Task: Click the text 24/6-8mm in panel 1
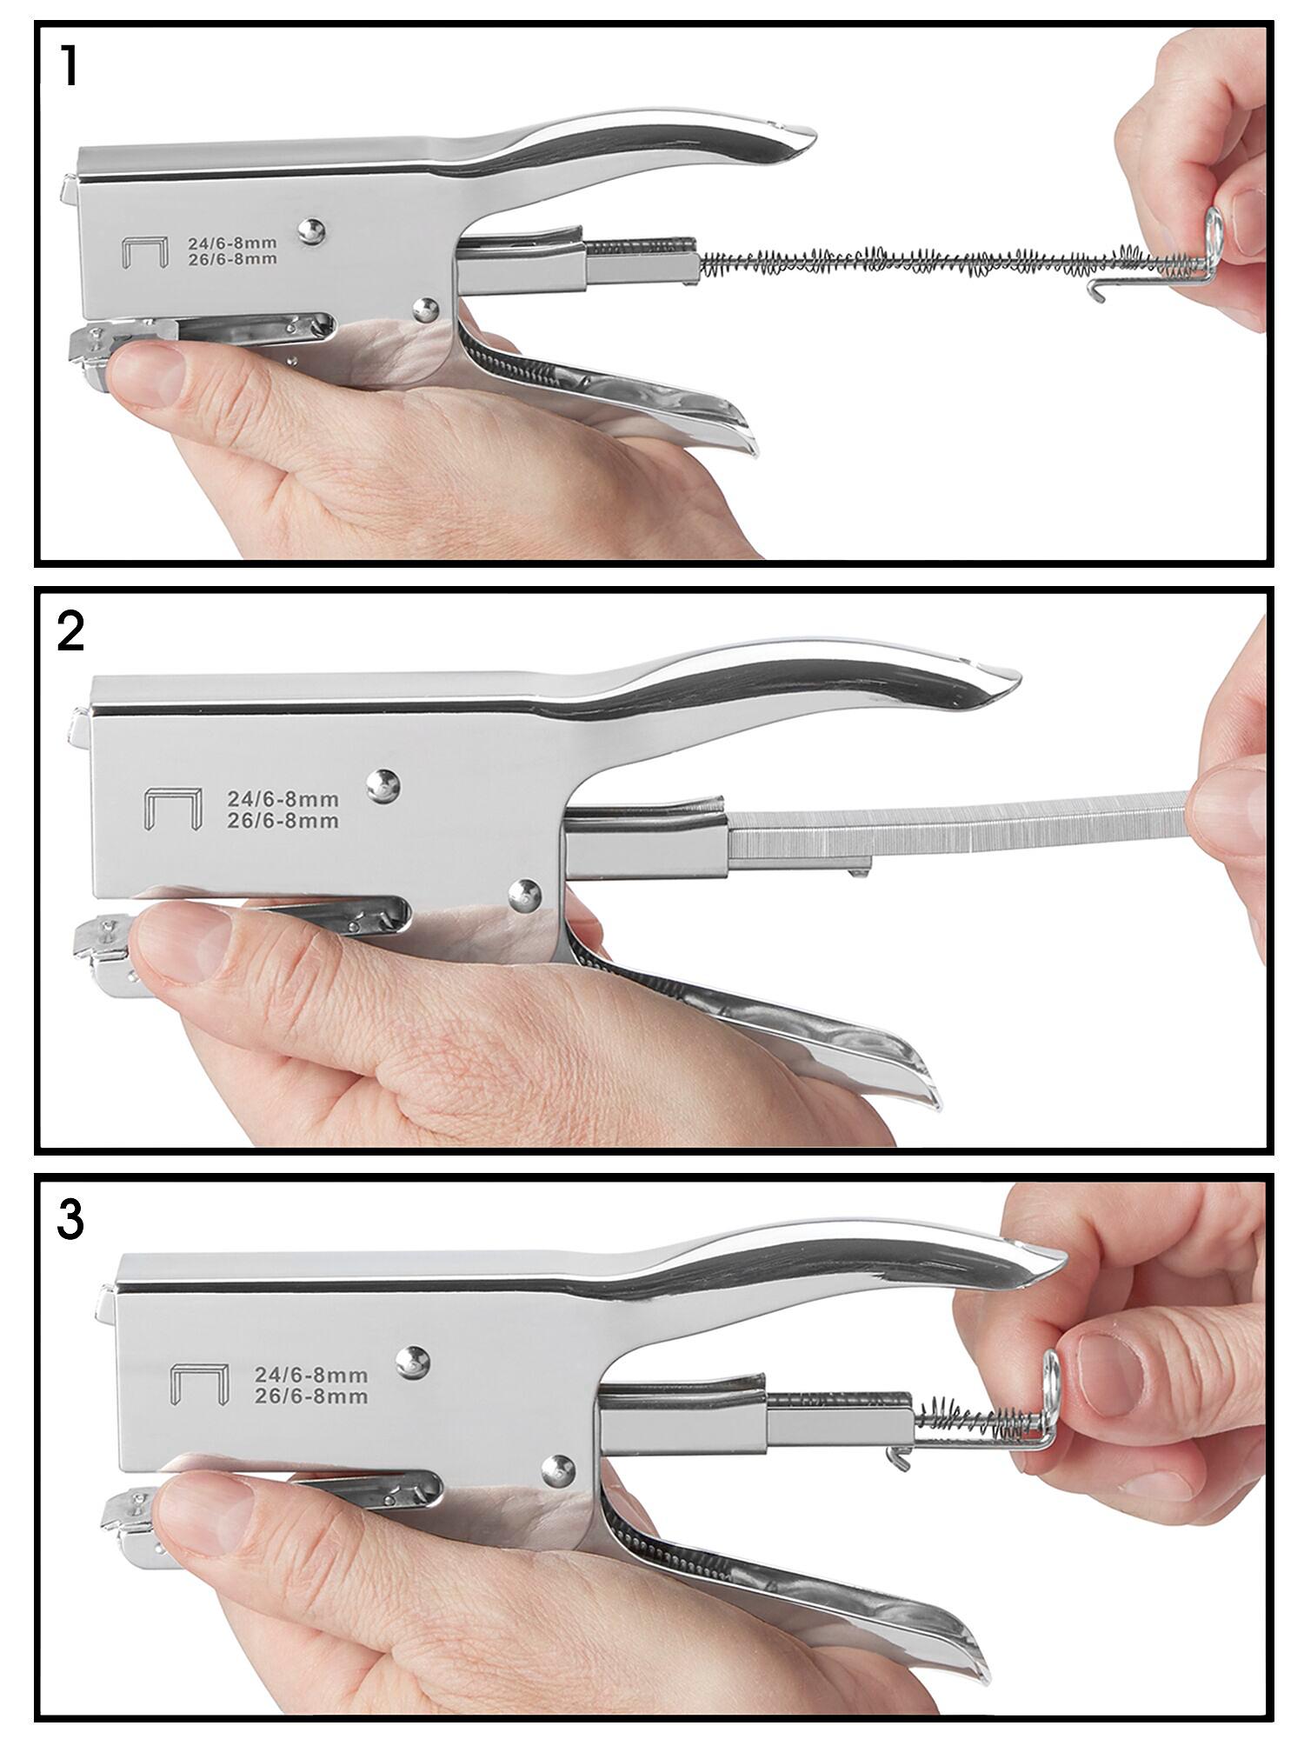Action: [232, 244]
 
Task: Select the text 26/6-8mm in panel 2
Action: [283, 821]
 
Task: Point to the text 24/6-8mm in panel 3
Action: [310, 1376]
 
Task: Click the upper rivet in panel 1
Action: [311, 230]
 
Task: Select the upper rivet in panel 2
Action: [383, 785]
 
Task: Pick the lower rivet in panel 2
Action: [523, 894]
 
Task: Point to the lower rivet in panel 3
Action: [557, 1470]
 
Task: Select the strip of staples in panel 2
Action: [956, 827]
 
